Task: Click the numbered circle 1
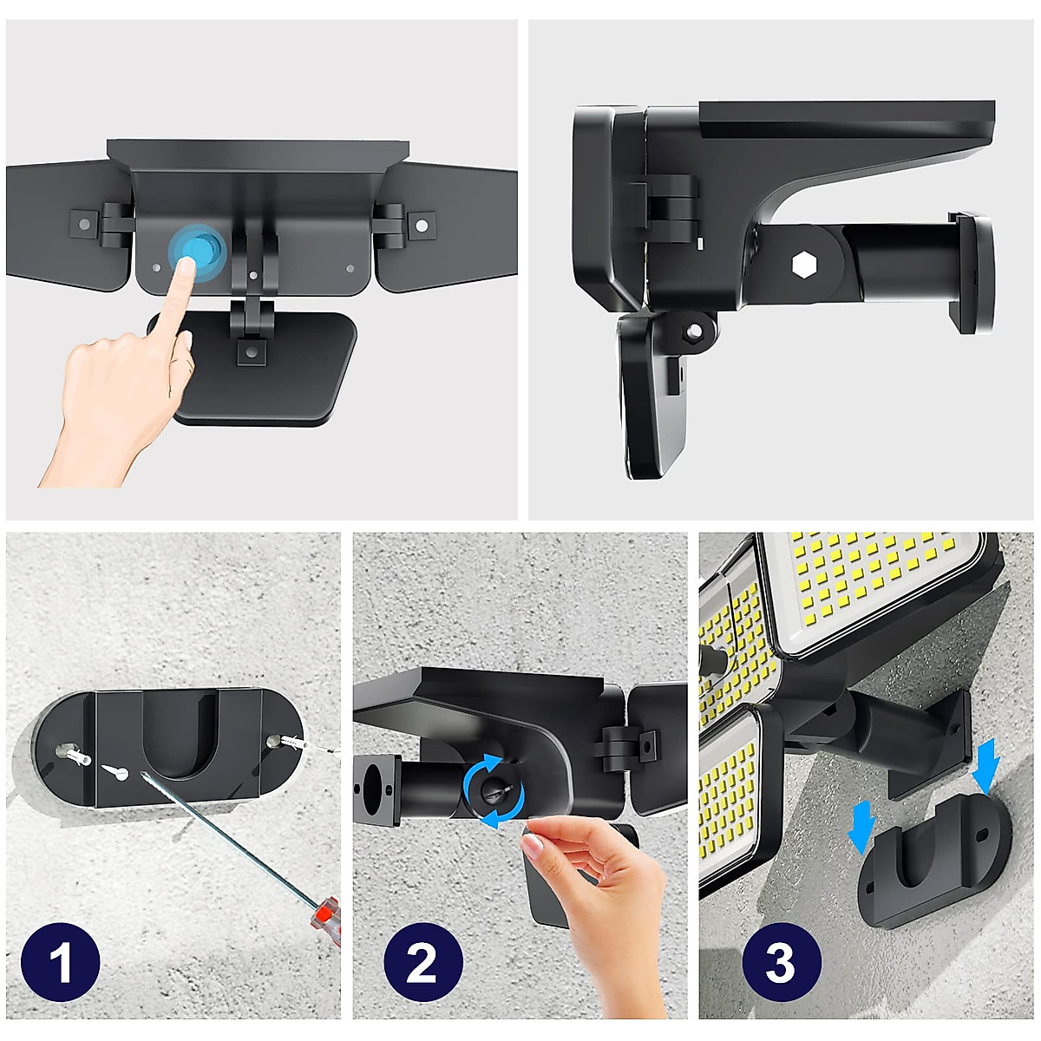click(61, 962)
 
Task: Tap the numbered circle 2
click(423, 962)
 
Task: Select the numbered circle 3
click(782, 962)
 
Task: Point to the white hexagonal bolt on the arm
click(803, 265)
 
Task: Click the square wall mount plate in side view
click(972, 272)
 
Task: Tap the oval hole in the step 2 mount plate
click(372, 789)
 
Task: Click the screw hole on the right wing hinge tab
click(422, 224)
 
